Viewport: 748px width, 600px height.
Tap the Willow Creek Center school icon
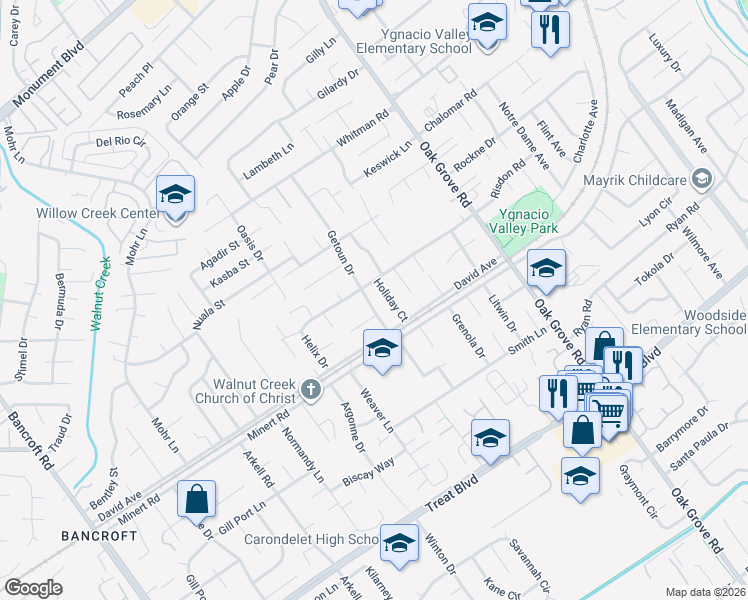pyautogui.click(x=175, y=196)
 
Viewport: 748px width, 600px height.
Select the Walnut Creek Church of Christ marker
pyautogui.click(x=311, y=389)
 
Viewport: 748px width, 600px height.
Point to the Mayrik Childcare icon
pyautogui.click(x=701, y=179)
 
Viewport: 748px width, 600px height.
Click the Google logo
pyautogui.click(x=33, y=588)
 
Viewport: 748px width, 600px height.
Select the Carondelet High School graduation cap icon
pyautogui.click(x=399, y=544)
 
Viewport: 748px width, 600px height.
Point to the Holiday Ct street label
pyautogui.click(x=391, y=301)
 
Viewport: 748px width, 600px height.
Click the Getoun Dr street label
pyautogui.click(x=341, y=253)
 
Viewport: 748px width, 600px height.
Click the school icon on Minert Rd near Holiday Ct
pyautogui.click(x=381, y=349)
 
